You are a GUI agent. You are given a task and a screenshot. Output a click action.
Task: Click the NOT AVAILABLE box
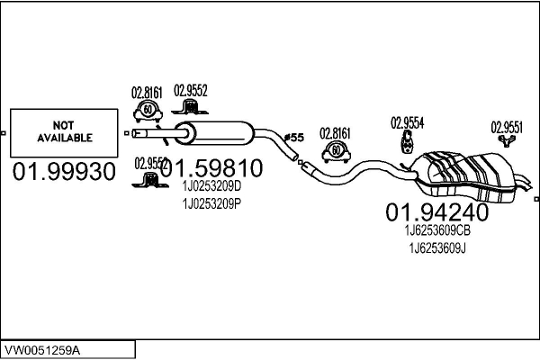[64, 133]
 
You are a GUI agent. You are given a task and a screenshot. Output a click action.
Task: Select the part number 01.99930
[64, 171]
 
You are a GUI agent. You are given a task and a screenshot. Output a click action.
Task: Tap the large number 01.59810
[211, 168]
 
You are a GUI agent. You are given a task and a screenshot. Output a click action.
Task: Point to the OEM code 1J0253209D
[211, 186]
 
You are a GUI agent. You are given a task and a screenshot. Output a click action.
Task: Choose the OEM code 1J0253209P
[211, 202]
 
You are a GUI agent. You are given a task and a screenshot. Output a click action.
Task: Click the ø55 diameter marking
[294, 138]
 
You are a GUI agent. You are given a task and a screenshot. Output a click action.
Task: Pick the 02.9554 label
[407, 122]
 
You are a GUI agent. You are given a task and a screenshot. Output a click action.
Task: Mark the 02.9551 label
[507, 128]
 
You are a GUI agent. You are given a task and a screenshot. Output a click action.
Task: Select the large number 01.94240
[436, 212]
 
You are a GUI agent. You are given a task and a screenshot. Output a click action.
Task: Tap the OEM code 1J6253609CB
[436, 230]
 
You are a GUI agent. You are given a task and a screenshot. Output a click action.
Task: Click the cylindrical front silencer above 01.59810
[216, 134]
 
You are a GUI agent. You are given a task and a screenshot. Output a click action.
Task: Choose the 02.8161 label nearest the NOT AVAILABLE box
[147, 91]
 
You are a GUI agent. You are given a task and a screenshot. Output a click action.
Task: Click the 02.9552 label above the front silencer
[191, 91]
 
